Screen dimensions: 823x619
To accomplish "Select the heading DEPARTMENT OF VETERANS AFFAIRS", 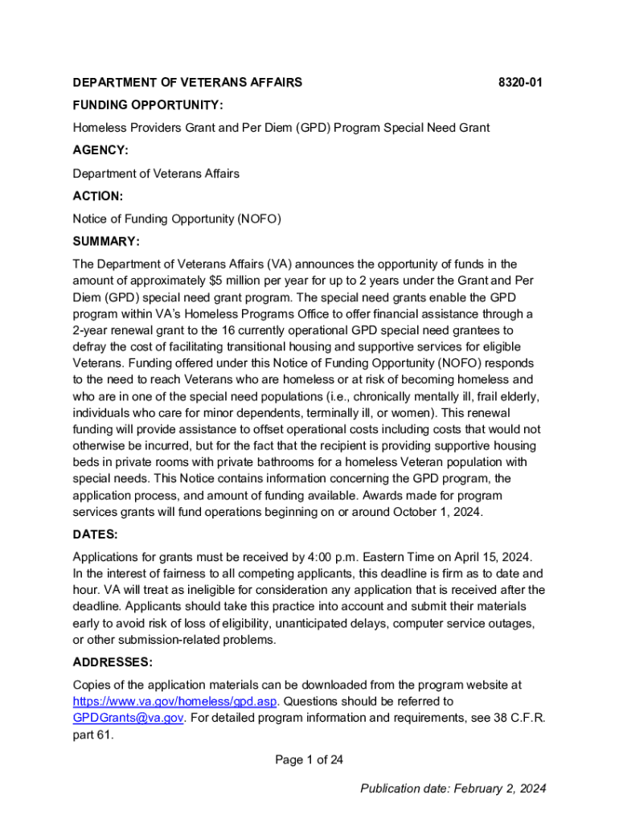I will pos(187,82).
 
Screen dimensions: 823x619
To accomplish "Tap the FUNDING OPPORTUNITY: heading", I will pos(148,105).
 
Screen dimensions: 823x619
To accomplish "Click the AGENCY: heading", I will pos(100,150).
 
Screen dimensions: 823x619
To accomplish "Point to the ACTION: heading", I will pos(98,196).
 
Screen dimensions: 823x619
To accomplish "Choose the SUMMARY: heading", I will pos(106,242).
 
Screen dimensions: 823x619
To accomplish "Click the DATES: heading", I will pos(95,534).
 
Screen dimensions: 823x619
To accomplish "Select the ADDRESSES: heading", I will pos(113,662).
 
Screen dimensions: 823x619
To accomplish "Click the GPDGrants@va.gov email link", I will pos(129,717).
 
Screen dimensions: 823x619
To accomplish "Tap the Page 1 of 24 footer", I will pos(309,760).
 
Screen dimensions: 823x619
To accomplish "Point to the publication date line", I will pos(453,788).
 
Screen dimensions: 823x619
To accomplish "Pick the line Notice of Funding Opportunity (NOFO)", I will pos(177,219).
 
